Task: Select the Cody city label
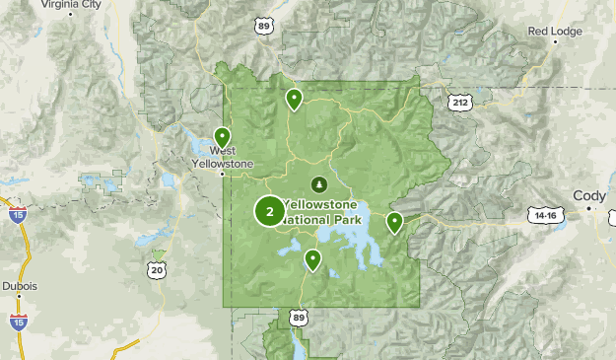click(589, 195)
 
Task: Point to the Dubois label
click(19, 286)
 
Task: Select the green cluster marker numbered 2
click(269, 211)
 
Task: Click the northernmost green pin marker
click(294, 98)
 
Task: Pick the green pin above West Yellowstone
click(223, 136)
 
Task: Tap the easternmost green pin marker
click(394, 221)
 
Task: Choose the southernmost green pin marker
click(312, 258)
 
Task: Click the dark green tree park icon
click(318, 183)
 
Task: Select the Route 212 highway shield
click(459, 102)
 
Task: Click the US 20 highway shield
click(158, 269)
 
